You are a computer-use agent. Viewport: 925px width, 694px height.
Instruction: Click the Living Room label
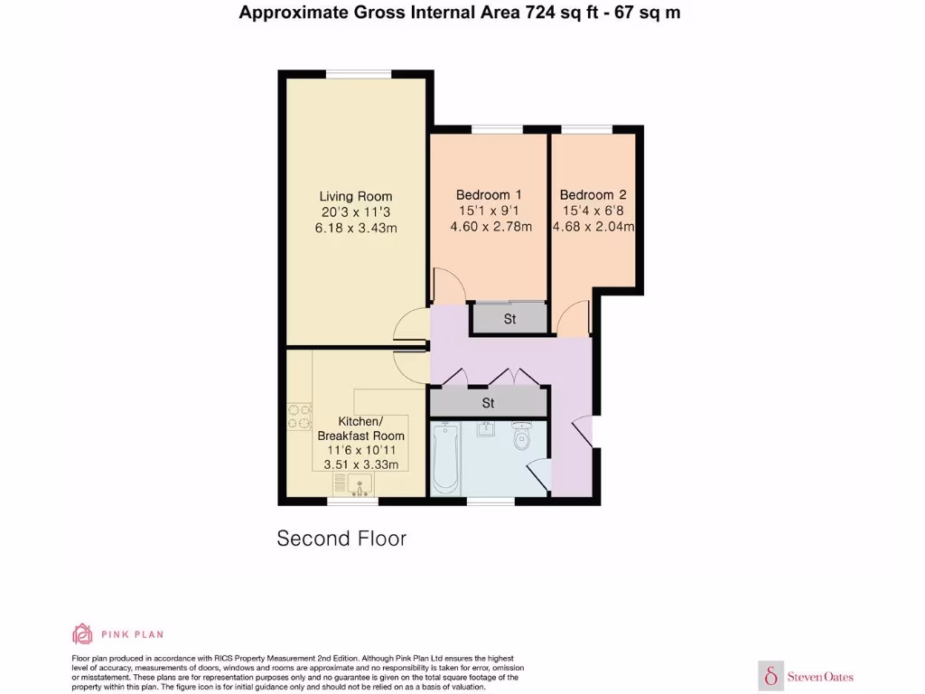tap(356, 196)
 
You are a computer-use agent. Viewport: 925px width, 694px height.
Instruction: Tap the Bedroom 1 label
tap(489, 194)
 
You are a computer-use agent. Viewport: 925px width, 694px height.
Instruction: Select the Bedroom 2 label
tap(593, 194)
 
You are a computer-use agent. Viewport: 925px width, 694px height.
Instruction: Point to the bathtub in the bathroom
tap(445, 456)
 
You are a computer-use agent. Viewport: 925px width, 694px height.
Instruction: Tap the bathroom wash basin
tap(486, 427)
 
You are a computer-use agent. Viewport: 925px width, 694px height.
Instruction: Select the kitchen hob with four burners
tap(299, 415)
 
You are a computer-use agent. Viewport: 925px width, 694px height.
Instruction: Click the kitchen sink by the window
tap(360, 485)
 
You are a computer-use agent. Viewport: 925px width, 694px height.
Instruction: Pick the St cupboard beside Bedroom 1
tap(509, 319)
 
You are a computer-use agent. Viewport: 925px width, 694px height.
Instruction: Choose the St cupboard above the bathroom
tap(489, 402)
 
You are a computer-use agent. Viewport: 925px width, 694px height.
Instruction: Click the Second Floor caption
tap(341, 539)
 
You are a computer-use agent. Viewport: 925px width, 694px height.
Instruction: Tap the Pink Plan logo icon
tap(82, 633)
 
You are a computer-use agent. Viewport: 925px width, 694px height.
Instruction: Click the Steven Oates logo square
tap(771, 676)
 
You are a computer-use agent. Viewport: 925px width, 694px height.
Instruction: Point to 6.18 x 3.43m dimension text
tap(356, 229)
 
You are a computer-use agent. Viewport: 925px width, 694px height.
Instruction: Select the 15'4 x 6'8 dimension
tap(593, 211)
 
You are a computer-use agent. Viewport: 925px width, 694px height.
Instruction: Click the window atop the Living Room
tap(358, 74)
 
